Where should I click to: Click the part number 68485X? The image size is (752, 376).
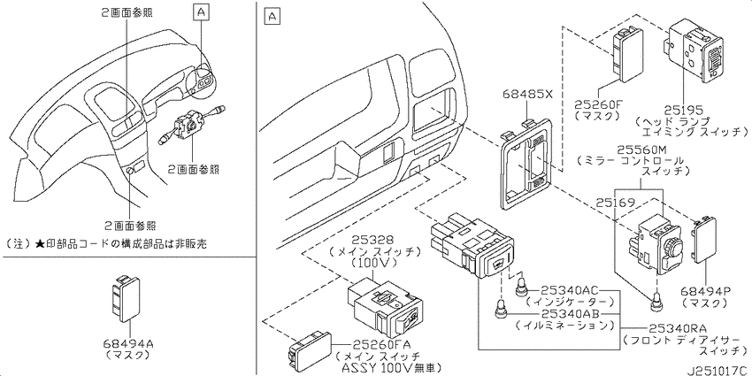pos(528,95)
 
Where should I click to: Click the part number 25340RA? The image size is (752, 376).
pos(678,328)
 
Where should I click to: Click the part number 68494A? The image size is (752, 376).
pos(127,344)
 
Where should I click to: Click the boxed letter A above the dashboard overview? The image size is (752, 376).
pos(201,12)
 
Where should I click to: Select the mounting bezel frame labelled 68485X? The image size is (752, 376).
pos(526,163)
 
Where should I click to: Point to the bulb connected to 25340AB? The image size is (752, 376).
pos(500,310)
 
